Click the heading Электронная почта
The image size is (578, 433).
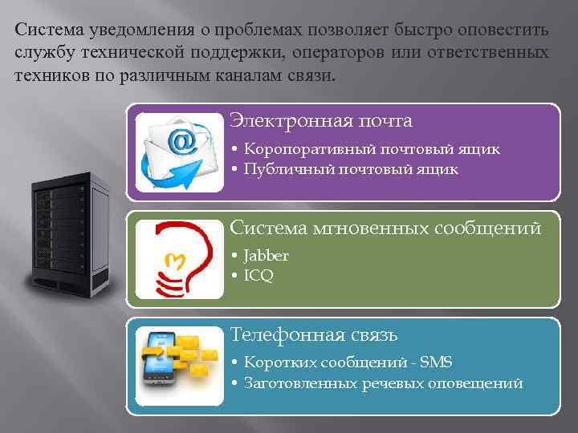(x=321, y=121)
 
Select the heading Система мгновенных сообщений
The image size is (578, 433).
(x=385, y=229)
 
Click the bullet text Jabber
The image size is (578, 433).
(x=267, y=256)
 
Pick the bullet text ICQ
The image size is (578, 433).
(x=259, y=276)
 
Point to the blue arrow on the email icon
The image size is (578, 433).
(x=157, y=170)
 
